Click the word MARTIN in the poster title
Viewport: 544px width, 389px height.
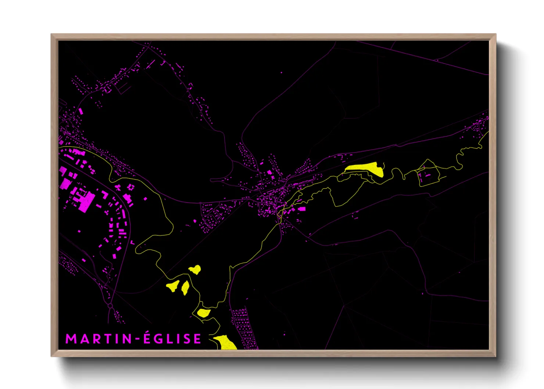click(99, 339)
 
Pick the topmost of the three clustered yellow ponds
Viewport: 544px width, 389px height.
click(195, 270)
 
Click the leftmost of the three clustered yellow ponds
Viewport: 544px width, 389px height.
click(172, 286)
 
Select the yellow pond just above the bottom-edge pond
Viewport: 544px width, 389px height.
click(203, 313)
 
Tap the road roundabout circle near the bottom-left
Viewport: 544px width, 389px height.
click(110, 306)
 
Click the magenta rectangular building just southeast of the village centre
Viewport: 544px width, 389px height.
click(302, 209)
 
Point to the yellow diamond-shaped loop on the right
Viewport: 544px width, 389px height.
click(428, 173)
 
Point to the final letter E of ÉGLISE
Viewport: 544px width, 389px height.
click(197, 339)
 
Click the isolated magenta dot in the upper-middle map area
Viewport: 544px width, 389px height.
click(282, 73)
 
